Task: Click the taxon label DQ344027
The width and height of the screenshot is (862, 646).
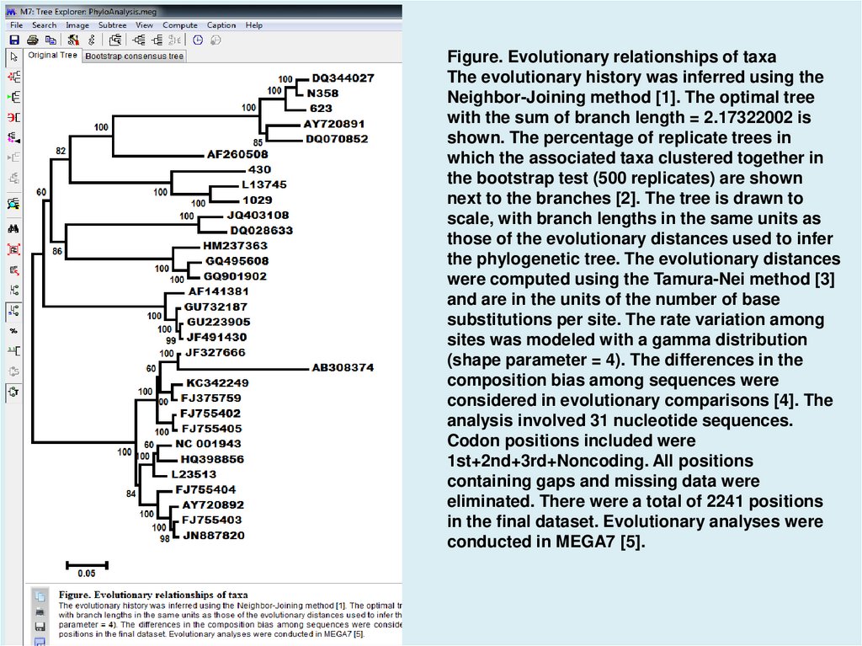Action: (343, 77)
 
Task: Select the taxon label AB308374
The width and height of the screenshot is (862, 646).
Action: (343, 368)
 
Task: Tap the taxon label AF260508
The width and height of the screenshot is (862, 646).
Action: (237, 154)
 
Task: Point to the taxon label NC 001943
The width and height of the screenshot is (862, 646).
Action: (208, 444)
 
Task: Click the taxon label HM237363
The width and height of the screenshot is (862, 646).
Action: (235, 246)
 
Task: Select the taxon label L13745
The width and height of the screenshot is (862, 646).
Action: (263, 184)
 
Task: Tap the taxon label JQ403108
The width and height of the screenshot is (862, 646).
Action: (258, 216)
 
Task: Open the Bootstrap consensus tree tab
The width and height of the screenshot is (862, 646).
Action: (134, 56)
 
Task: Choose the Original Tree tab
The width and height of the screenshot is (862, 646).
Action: (52, 56)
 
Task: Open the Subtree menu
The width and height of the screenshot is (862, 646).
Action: (112, 25)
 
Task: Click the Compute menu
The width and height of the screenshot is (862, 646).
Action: (180, 25)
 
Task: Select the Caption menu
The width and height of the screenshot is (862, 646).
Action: (221, 25)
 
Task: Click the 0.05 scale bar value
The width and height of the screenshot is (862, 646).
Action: (87, 574)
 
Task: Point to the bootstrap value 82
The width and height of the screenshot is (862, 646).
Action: (61, 151)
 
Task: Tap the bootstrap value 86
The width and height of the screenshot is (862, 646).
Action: (57, 251)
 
